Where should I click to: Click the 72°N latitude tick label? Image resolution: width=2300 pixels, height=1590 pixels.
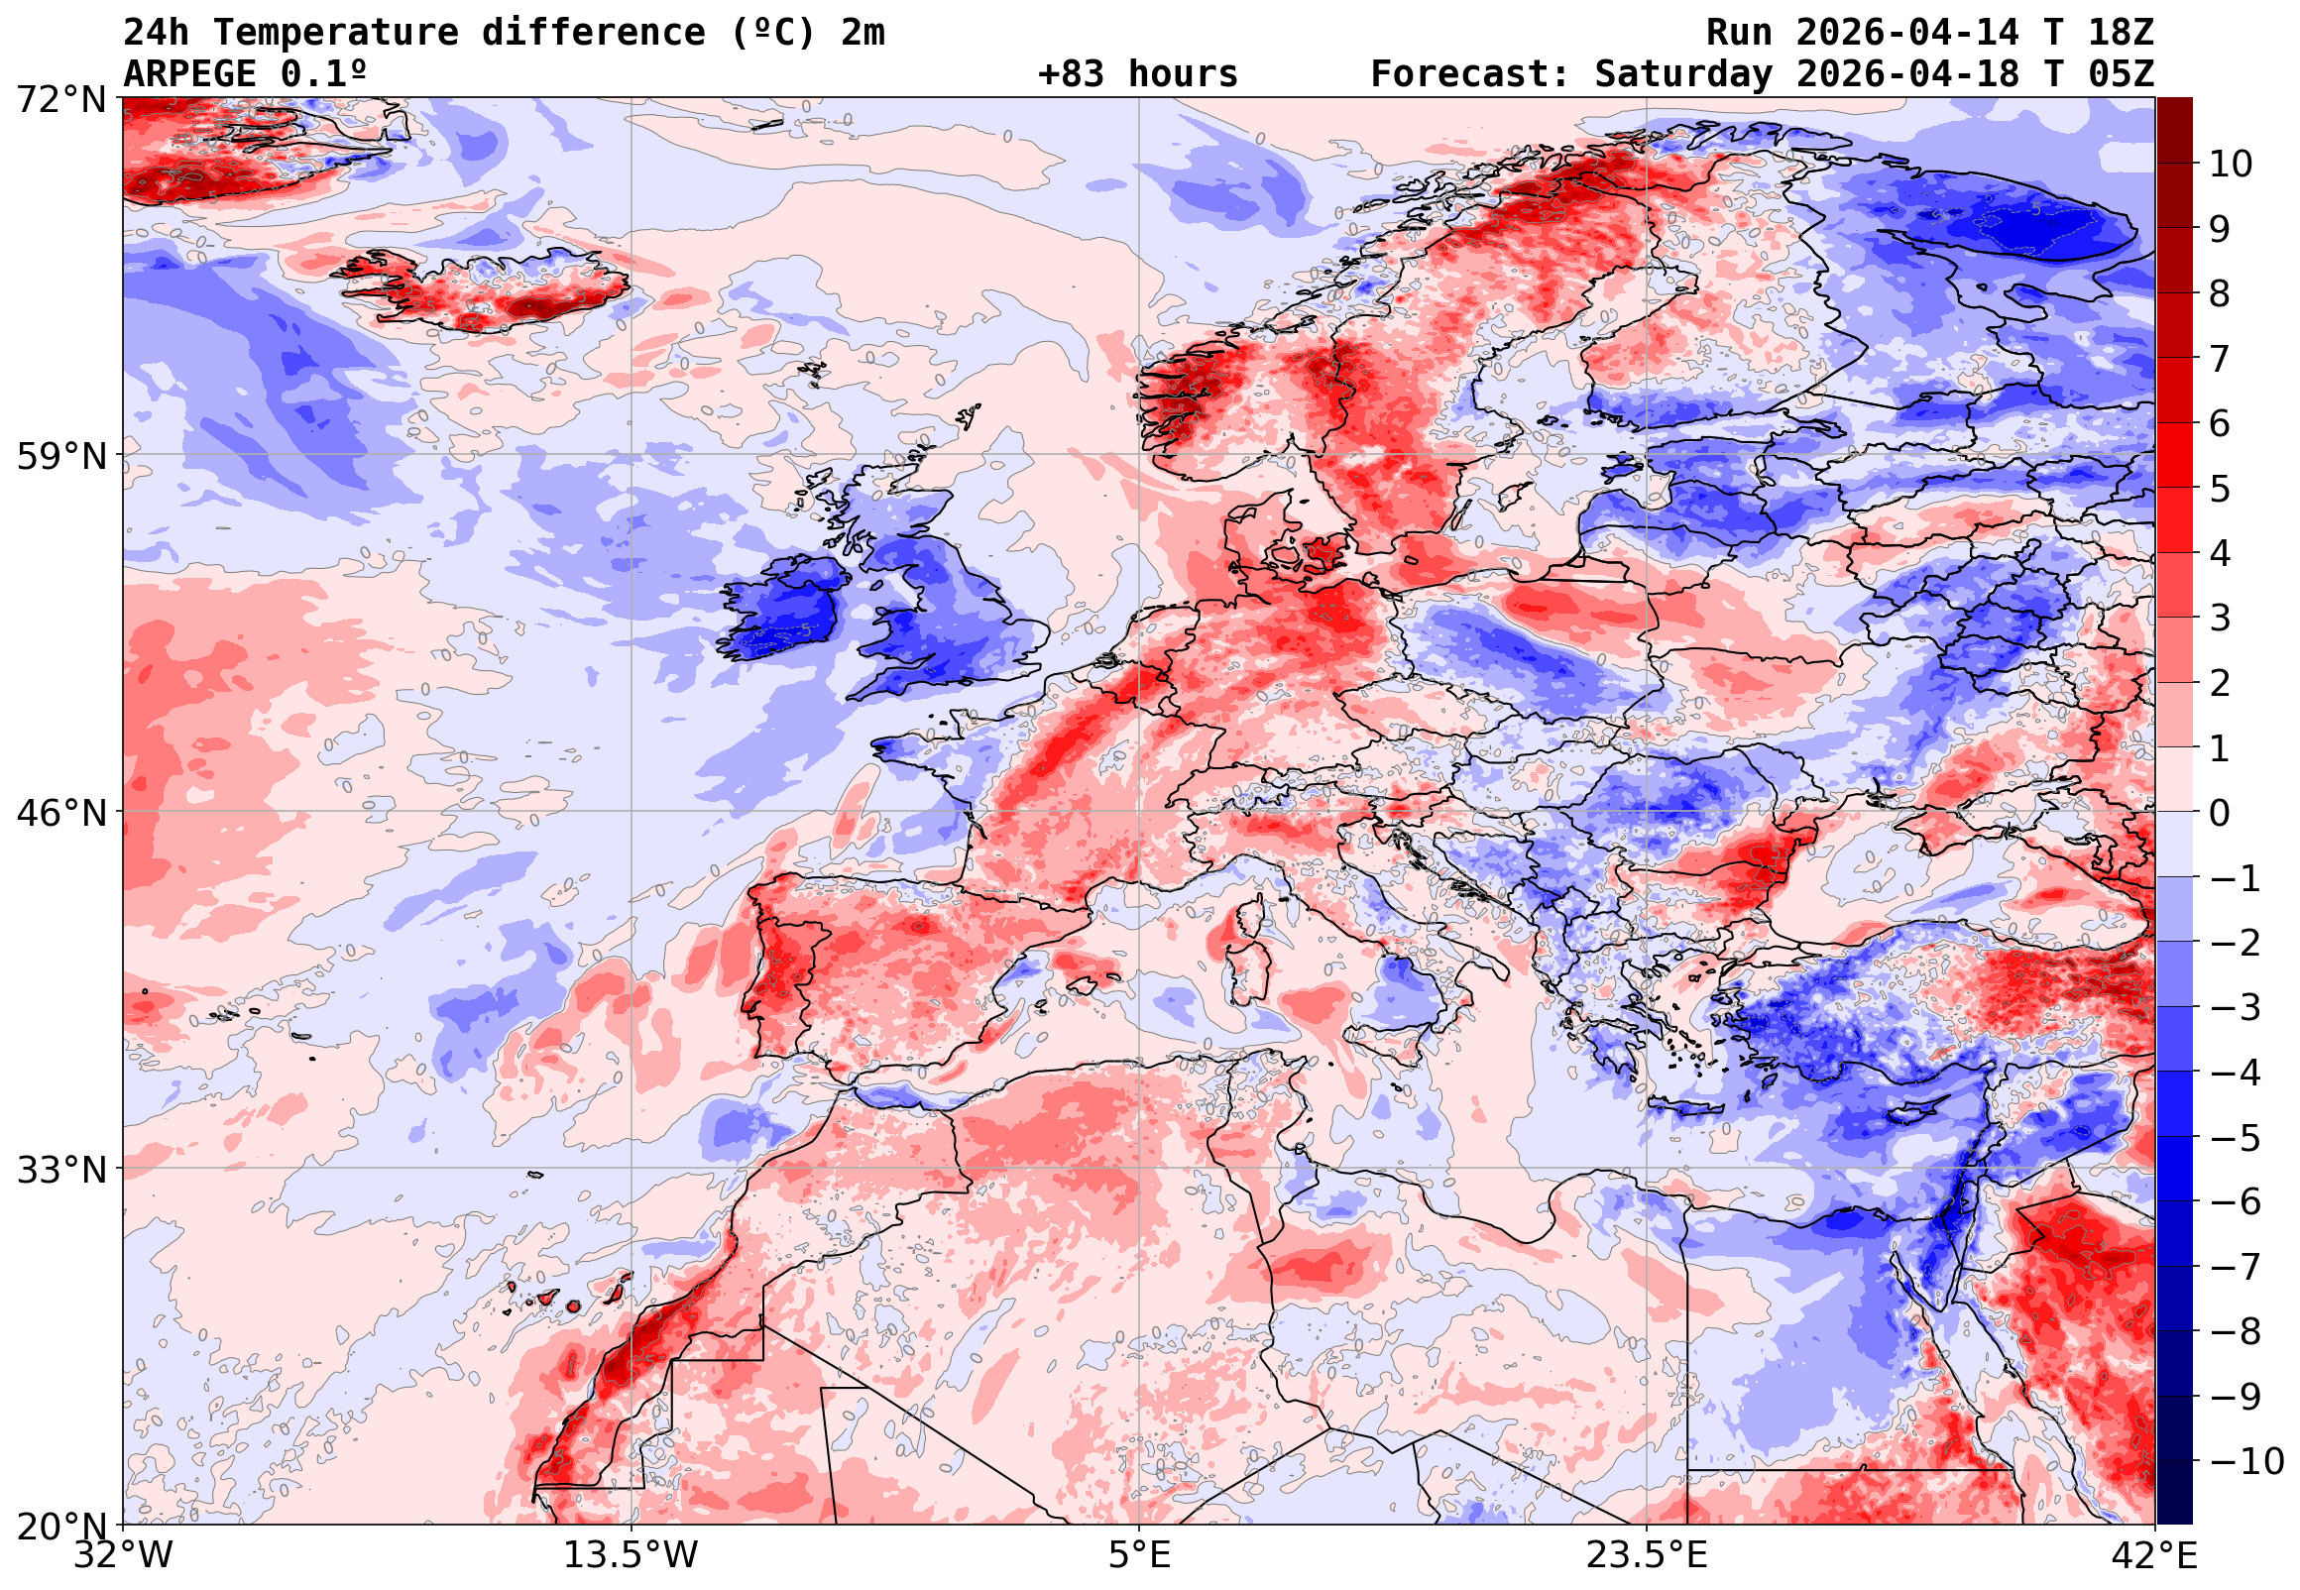pyautogui.click(x=59, y=98)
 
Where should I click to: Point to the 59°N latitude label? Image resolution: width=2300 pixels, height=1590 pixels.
pyautogui.click(x=59, y=456)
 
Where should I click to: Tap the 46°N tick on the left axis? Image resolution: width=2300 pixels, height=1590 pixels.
pyautogui.click(x=59, y=813)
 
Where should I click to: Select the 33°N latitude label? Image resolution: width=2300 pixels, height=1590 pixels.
pyautogui.click(x=59, y=1170)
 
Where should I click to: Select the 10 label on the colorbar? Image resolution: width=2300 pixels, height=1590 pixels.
pyautogui.click(x=2231, y=164)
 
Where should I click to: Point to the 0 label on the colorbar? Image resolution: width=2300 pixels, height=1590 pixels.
pyautogui.click(x=2220, y=813)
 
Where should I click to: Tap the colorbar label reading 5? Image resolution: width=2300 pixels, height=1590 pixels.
pyautogui.click(x=2220, y=489)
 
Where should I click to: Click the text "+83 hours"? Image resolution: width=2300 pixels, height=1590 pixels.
pyautogui.click(x=1137, y=74)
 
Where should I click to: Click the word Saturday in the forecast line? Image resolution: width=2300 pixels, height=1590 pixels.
pyautogui.click(x=1683, y=74)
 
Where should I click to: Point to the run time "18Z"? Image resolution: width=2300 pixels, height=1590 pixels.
pyautogui.click(x=2121, y=33)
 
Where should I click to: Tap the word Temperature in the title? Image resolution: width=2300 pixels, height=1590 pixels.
pyautogui.click(x=336, y=33)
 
